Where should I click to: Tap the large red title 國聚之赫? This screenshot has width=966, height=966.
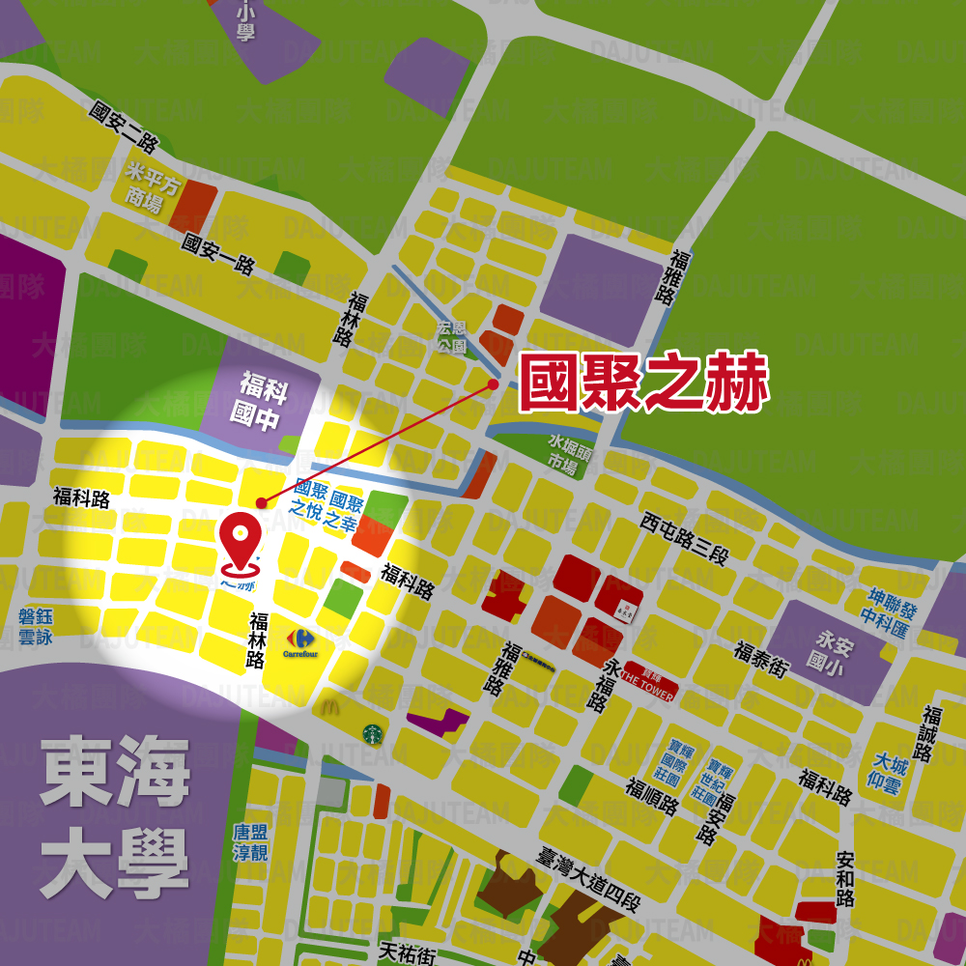point(643,384)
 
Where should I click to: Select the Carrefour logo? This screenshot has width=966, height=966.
point(298,641)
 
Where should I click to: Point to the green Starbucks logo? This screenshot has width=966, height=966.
point(370,734)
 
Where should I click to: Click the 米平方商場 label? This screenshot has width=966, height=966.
point(152,186)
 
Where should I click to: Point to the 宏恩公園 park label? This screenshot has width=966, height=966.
point(451,336)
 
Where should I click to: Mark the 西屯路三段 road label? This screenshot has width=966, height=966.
point(684,539)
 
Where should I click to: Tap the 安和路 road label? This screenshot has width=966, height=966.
point(846,878)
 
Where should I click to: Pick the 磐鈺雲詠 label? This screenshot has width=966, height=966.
point(36,627)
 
